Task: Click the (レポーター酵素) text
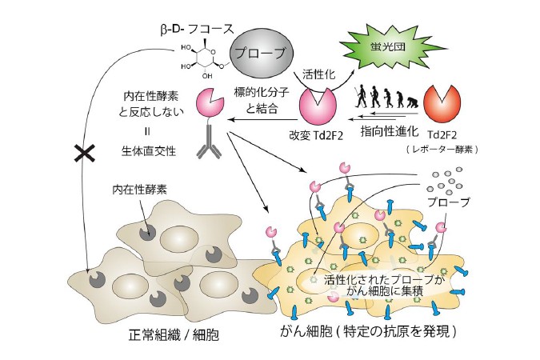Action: pyautogui.click(x=442, y=149)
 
